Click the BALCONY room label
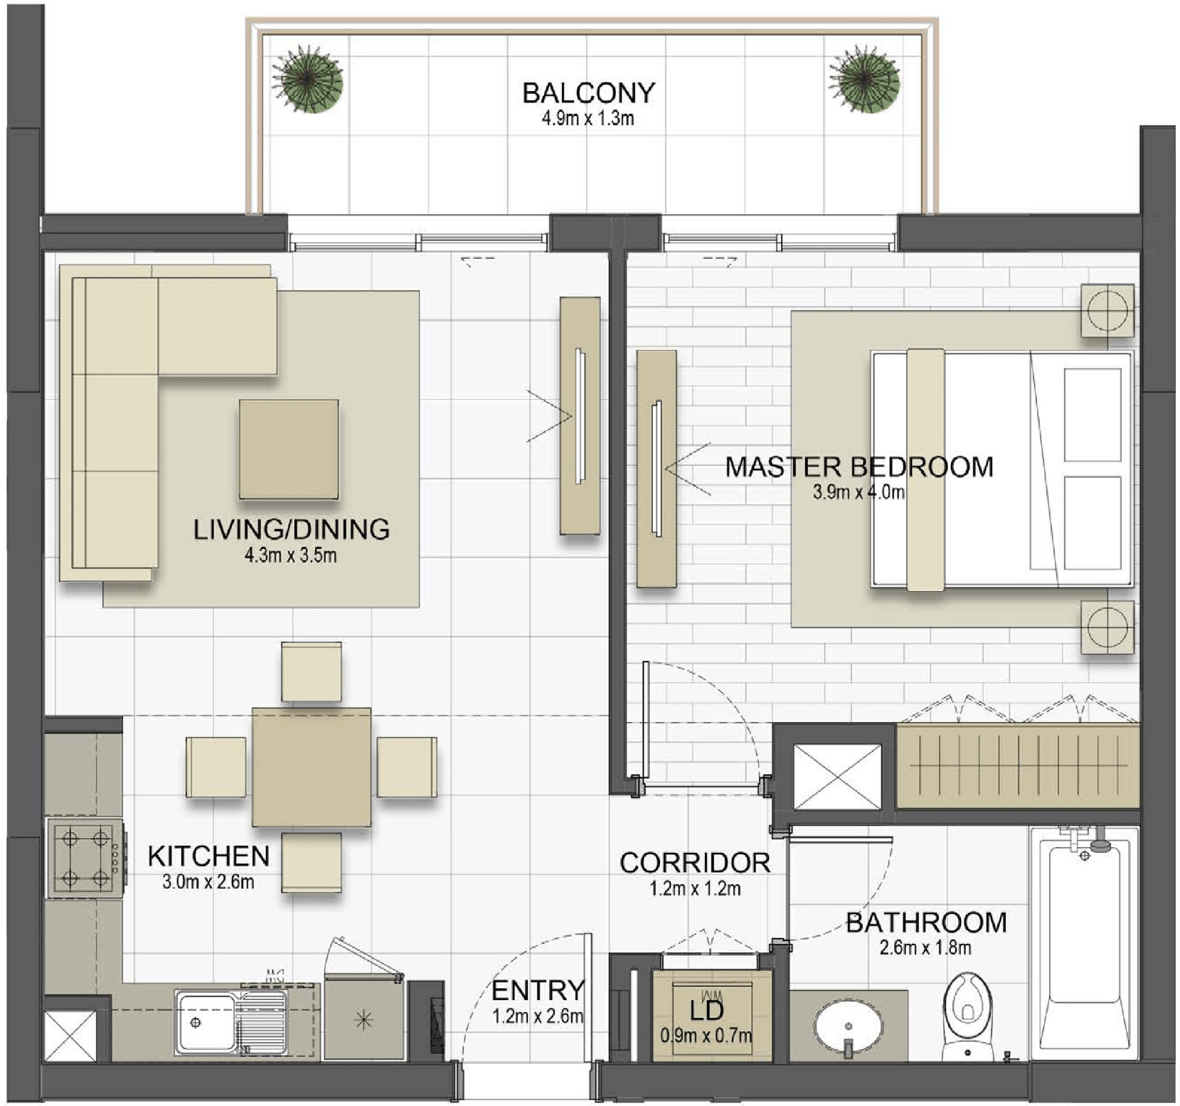coord(588,93)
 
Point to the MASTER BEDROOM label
coord(859,467)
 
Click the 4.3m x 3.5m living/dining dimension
coord(291,555)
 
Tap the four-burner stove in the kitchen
coord(86,858)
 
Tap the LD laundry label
coord(706,1010)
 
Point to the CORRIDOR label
coord(695,863)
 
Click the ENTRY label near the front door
coord(538,990)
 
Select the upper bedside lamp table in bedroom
coord(1107,310)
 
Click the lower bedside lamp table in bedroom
coord(1107,627)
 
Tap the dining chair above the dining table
coord(311,672)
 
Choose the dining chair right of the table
coord(407,767)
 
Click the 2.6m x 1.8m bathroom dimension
coord(925,947)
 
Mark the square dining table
coord(312,767)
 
